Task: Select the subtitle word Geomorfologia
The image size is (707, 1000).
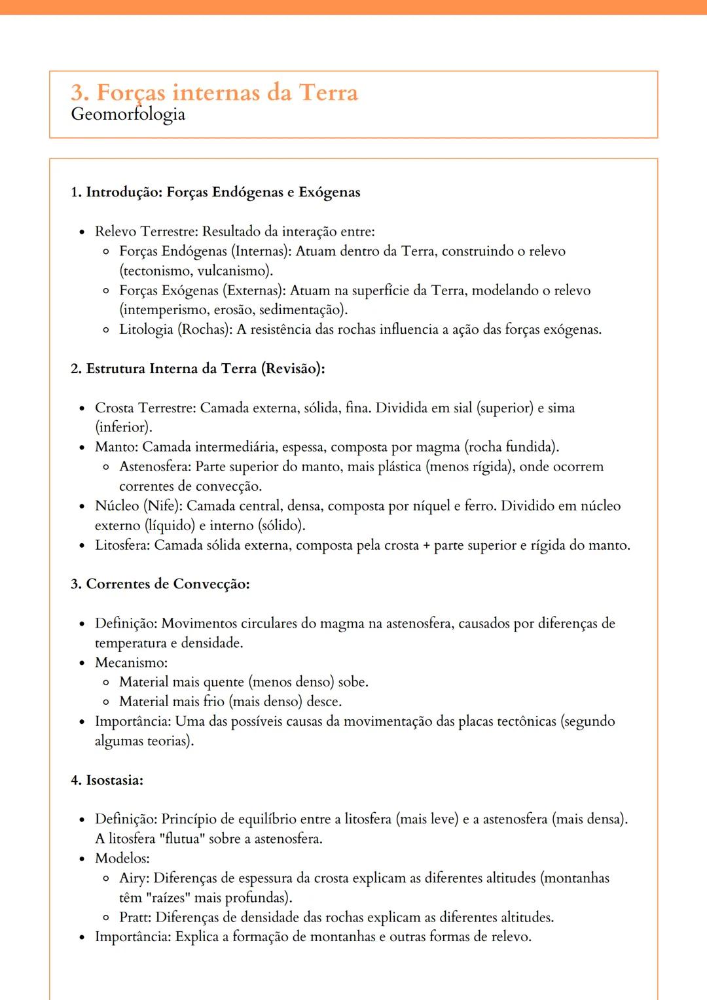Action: pyautogui.click(x=128, y=115)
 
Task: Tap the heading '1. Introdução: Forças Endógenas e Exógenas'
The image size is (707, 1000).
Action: pyautogui.click(x=215, y=192)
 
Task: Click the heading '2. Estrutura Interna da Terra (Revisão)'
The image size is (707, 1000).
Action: pyautogui.click(x=198, y=368)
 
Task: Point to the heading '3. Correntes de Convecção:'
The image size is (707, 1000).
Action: pyautogui.click(x=160, y=584)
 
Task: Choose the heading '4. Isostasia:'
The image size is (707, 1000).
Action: pyautogui.click(x=107, y=780)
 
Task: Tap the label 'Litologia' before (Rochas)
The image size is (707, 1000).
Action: pyautogui.click(x=146, y=329)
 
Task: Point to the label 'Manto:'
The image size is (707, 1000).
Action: pyautogui.click(x=117, y=447)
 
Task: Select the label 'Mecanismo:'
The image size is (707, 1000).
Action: pyautogui.click(x=131, y=662)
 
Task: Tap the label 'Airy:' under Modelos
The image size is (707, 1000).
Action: pyautogui.click(x=134, y=878)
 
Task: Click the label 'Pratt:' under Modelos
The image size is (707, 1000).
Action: pyautogui.click(x=136, y=918)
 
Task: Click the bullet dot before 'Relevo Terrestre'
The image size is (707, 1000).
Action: pyautogui.click(x=82, y=232)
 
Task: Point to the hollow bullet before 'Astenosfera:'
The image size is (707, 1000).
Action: pyautogui.click(x=106, y=467)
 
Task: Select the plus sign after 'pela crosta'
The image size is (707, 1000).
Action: pyautogui.click(x=426, y=546)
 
